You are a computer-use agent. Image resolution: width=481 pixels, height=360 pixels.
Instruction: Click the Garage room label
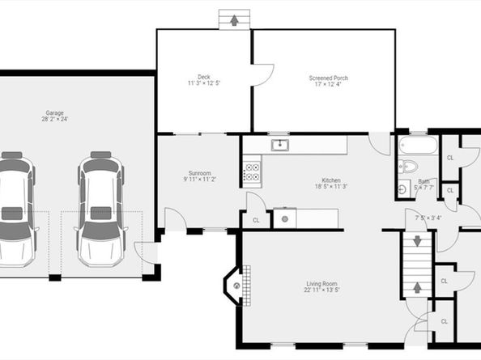click(55, 112)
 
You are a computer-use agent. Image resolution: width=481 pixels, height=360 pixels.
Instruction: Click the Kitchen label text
click(330, 180)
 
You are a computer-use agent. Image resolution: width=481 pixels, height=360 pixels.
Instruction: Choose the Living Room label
click(322, 283)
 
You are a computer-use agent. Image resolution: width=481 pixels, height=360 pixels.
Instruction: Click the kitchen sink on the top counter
click(280, 145)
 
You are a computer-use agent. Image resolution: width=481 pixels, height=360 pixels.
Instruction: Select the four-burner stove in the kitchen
click(252, 172)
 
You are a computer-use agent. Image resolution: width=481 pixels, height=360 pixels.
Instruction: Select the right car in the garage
click(100, 208)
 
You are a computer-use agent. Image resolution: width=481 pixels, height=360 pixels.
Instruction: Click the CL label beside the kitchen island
click(256, 219)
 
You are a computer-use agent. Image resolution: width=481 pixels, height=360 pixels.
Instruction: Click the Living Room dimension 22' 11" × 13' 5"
click(322, 290)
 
